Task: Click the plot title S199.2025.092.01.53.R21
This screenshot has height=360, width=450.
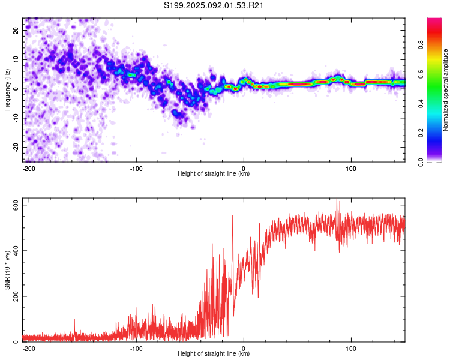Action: (214, 5)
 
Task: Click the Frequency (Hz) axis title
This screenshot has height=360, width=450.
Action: (7, 89)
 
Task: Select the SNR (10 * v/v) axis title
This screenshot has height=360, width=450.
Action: (7, 270)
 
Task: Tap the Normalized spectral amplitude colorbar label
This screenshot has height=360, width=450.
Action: (445, 90)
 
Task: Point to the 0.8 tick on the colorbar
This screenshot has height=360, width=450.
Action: (421, 45)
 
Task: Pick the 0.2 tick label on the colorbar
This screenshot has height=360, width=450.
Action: (421, 133)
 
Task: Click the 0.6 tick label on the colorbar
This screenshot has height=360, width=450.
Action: (421, 74)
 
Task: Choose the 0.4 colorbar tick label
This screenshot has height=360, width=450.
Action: (421, 104)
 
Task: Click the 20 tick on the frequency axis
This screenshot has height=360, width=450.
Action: (16, 30)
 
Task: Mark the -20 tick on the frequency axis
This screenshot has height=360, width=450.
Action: (16, 147)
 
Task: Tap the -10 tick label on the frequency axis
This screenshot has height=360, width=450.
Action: (16, 118)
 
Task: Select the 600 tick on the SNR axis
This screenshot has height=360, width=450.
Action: (16, 205)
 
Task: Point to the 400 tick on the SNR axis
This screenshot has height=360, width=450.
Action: (16, 251)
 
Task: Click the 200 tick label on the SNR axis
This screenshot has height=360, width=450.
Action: (16, 296)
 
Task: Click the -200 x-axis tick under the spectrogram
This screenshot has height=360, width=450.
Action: (29, 169)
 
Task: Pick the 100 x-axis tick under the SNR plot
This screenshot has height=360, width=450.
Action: (351, 349)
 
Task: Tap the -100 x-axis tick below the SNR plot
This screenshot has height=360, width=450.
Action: (136, 349)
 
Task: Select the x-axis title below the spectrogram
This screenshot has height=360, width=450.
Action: (214, 173)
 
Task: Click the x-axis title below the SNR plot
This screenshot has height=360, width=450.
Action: (214, 353)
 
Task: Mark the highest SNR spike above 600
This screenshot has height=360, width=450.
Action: (337, 199)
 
